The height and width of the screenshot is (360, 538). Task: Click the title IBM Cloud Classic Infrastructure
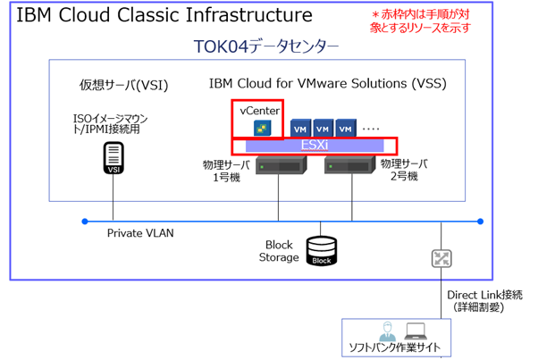164,15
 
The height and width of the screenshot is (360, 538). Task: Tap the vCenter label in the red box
259,109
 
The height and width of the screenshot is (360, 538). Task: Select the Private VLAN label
140,233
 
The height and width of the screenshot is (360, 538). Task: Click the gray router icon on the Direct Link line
441,259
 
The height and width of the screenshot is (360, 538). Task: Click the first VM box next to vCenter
300,128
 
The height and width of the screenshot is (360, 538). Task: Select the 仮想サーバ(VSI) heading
123,85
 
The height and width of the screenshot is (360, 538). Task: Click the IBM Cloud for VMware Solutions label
327,84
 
